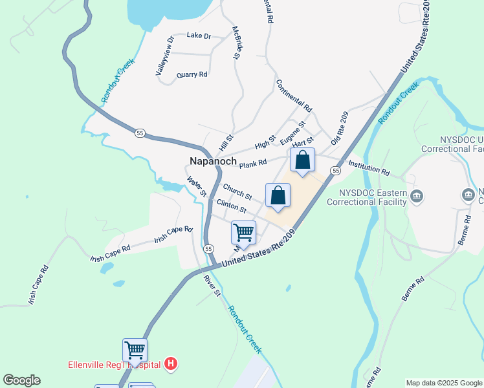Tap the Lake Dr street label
(199, 36)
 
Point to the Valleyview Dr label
(165, 56)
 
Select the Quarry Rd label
(193, 74)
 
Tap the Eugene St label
(292, 133)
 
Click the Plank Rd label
(253, 164)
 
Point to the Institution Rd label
(369, 168)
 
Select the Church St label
(237, 191)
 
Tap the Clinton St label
(232, 207)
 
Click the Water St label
(196, 187)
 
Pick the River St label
(212, 285)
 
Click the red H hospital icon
(171, 364)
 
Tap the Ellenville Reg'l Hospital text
(114, 364)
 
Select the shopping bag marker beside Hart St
(302, 160)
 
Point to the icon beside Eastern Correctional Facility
(417, 196)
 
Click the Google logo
(21, 380)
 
